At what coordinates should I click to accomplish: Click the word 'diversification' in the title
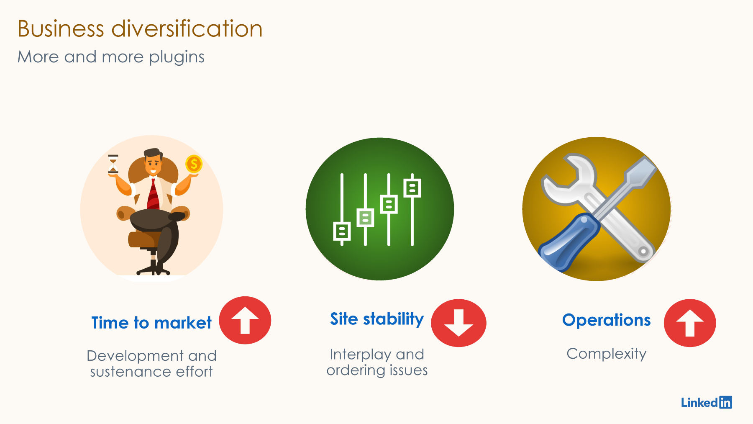[187, 29]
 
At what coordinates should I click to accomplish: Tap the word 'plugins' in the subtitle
[177, 57]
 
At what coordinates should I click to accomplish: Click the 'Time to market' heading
[151, 323]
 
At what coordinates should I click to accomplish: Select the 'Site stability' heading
[377, 319]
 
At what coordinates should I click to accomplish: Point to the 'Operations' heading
[606, 320]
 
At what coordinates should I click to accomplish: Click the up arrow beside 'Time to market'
[245, 321]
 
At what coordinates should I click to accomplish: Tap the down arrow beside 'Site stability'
[458, 323]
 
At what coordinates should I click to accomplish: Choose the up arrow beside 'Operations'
[690, 323]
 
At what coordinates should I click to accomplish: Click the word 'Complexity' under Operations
[606, 354]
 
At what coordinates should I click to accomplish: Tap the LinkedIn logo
[707, 402]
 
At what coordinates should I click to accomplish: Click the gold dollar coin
[194, 164]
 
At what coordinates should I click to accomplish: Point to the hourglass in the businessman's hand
[113, 164]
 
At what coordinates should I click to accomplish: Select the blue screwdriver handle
[569, 241]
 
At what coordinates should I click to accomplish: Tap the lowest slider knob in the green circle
[342, 231]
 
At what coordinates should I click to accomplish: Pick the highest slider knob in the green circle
[412, 188]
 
